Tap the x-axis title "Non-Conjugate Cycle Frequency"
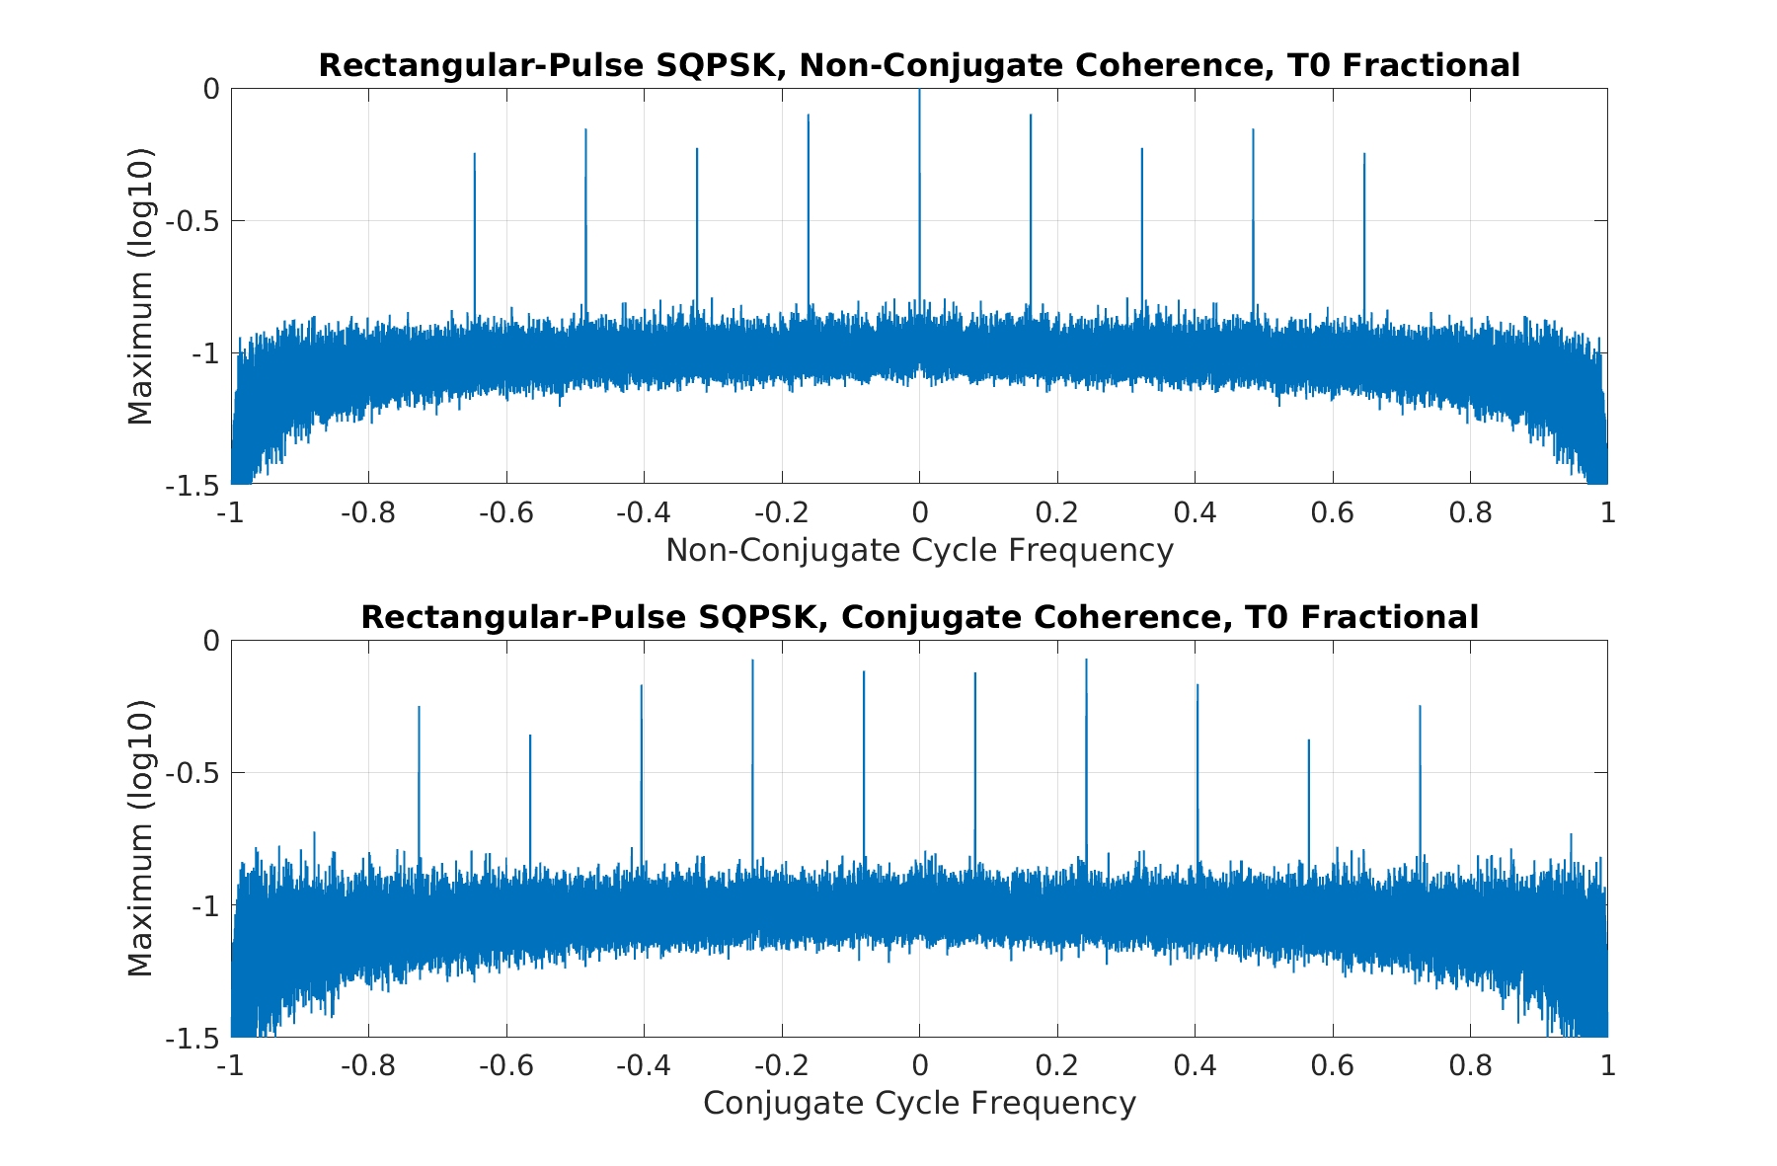coord(919,551)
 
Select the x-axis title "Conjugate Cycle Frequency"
coord(919,1104)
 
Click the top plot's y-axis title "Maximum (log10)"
coord(141,286)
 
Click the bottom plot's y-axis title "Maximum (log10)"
coord(141,838)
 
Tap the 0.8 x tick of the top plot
coord(1470,513)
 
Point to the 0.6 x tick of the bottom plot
coord(1333,1066)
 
